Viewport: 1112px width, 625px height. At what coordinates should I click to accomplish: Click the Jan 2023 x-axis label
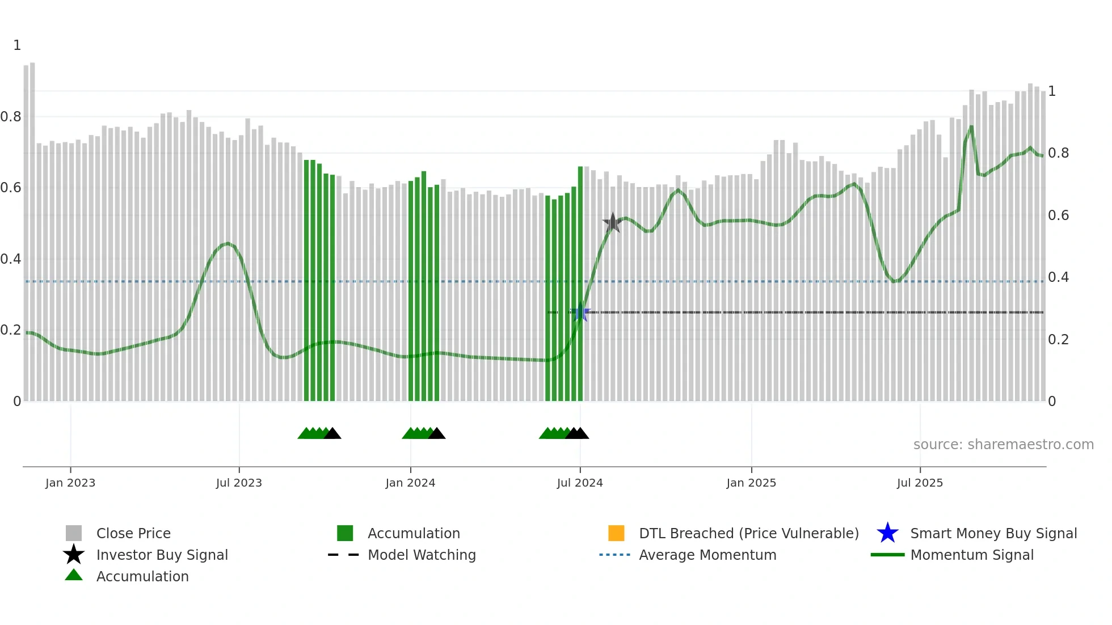point(70,483)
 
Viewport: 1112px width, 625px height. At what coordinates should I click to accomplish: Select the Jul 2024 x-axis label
point(579,483)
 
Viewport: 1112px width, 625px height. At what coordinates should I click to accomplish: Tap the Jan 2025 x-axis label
point(751,483)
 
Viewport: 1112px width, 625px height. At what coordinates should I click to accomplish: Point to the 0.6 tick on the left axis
point(11,188)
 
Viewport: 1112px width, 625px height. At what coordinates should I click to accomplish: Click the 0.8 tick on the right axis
point(1058,153)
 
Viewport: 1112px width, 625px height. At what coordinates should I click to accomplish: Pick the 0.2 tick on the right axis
point(1058,340)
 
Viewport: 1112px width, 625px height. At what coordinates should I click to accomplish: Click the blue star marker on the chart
point(580,313)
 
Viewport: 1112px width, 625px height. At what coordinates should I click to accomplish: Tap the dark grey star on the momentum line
point(612,223)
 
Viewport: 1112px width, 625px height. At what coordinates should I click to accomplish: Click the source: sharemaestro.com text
point(1003,445)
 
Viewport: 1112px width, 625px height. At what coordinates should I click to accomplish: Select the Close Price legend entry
point(133,533)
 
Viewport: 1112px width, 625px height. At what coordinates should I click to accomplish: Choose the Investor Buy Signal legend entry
point(162,555)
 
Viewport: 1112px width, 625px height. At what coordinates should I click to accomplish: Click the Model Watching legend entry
point(422,555)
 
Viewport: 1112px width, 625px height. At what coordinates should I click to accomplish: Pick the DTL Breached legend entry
point(748,533)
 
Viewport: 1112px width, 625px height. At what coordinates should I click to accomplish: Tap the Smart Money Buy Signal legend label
point(993,533)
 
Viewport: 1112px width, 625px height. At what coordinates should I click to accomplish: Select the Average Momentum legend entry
point(707,555)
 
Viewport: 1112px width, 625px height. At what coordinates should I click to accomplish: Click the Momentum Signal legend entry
point(971,555)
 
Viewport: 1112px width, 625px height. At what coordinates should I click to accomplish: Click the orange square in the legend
point(616,533)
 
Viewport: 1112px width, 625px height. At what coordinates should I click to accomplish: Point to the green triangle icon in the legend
point(74,575)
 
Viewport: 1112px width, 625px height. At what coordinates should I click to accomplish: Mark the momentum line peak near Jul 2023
point(228,243)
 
